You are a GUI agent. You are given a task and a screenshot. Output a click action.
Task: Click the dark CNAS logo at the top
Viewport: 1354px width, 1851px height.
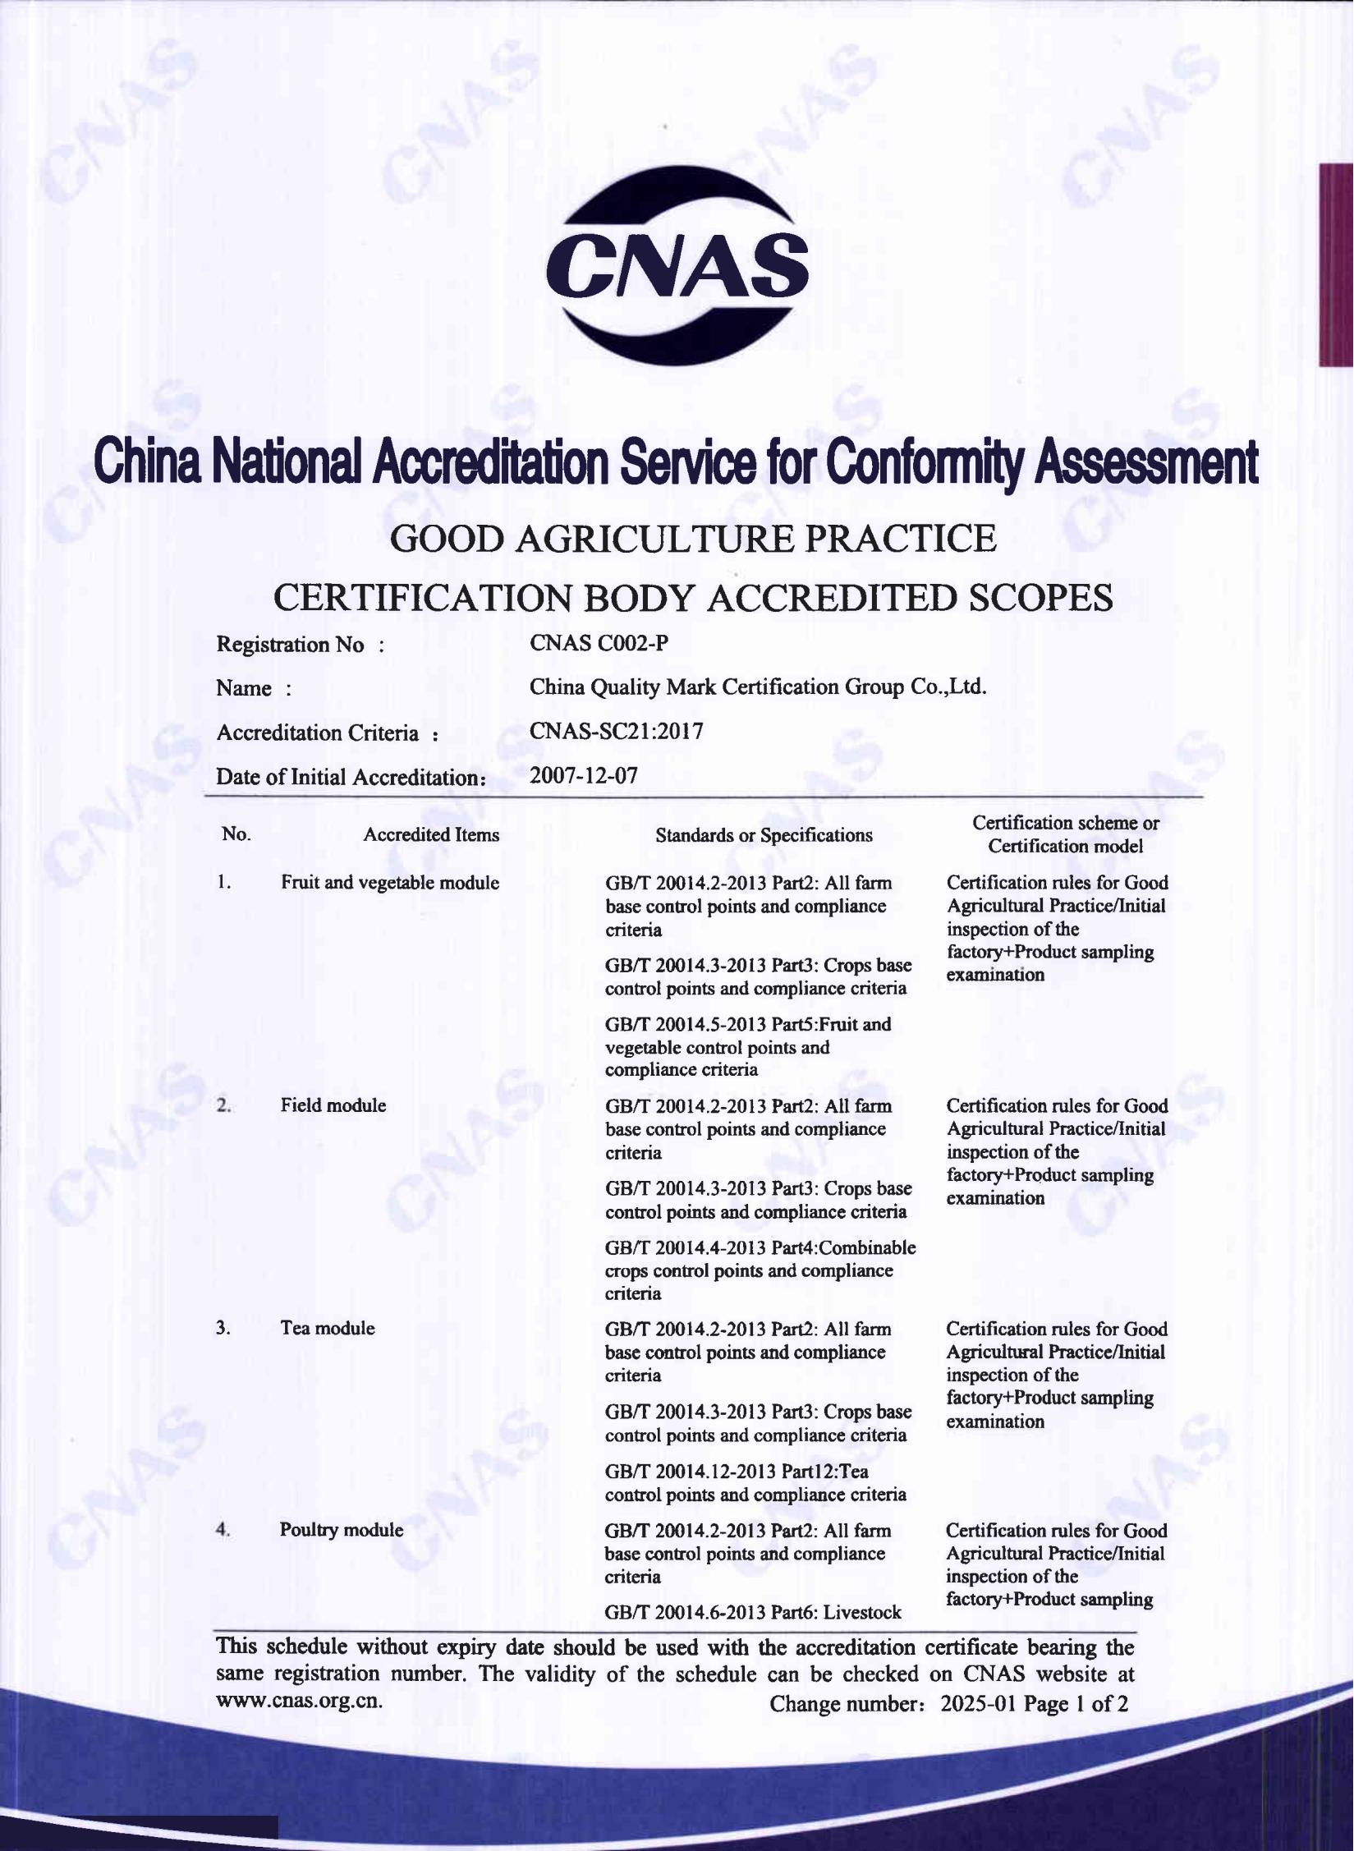point(677,265)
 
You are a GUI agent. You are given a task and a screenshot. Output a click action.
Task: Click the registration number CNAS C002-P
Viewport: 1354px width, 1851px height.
point(599,643)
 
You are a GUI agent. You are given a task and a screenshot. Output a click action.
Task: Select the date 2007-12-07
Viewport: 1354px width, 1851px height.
point(583,775)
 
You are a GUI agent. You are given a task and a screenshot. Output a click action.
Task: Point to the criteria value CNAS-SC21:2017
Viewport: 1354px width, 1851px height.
point(616,731)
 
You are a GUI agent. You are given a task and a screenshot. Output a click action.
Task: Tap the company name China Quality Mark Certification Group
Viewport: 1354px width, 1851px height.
point(757,687)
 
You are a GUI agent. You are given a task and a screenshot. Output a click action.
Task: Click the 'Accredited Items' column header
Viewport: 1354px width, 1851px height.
point(431,835)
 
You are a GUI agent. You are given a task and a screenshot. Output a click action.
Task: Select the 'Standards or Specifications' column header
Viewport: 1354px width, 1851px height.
point(764,835)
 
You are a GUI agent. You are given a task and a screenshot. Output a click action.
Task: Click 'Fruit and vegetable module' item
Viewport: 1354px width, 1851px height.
point(390,883)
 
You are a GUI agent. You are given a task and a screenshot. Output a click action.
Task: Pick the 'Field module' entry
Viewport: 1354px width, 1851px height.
point(333,1105)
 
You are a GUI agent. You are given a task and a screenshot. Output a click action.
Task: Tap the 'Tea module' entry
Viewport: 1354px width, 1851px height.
point(328,1328)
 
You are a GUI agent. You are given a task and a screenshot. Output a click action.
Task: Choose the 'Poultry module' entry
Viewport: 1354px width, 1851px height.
point(342,1530)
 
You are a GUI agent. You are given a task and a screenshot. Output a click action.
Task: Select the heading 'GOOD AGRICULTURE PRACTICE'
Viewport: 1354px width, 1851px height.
point(693,539)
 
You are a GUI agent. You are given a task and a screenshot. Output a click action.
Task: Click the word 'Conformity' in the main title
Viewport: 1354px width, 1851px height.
point(926,461)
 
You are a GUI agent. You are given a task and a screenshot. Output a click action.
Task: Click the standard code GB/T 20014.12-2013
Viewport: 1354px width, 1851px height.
point(687,1471)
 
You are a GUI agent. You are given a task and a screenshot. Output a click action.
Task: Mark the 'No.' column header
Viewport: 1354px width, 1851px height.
point(236,834)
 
